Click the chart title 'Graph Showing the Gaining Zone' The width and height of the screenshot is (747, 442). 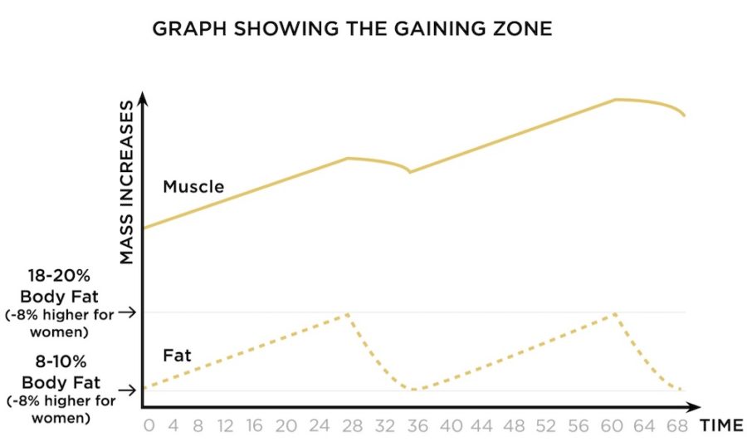(x=352, y=29)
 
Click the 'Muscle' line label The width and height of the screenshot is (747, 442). (x=193, y=187)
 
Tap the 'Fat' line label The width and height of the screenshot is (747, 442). (x=177, y=356)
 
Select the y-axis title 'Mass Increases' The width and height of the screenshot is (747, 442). (x=126, y=183)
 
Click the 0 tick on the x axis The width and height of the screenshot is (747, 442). (x=149, y=425)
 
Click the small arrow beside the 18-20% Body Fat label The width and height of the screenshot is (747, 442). (x=127, y=313)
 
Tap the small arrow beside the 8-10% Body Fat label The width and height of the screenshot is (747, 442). (x=127, y=390)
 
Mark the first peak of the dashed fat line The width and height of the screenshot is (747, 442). (x=347, y=314)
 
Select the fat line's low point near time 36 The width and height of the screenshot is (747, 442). (x=414, y=389)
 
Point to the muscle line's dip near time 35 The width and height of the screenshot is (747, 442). (x=409, y=172)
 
